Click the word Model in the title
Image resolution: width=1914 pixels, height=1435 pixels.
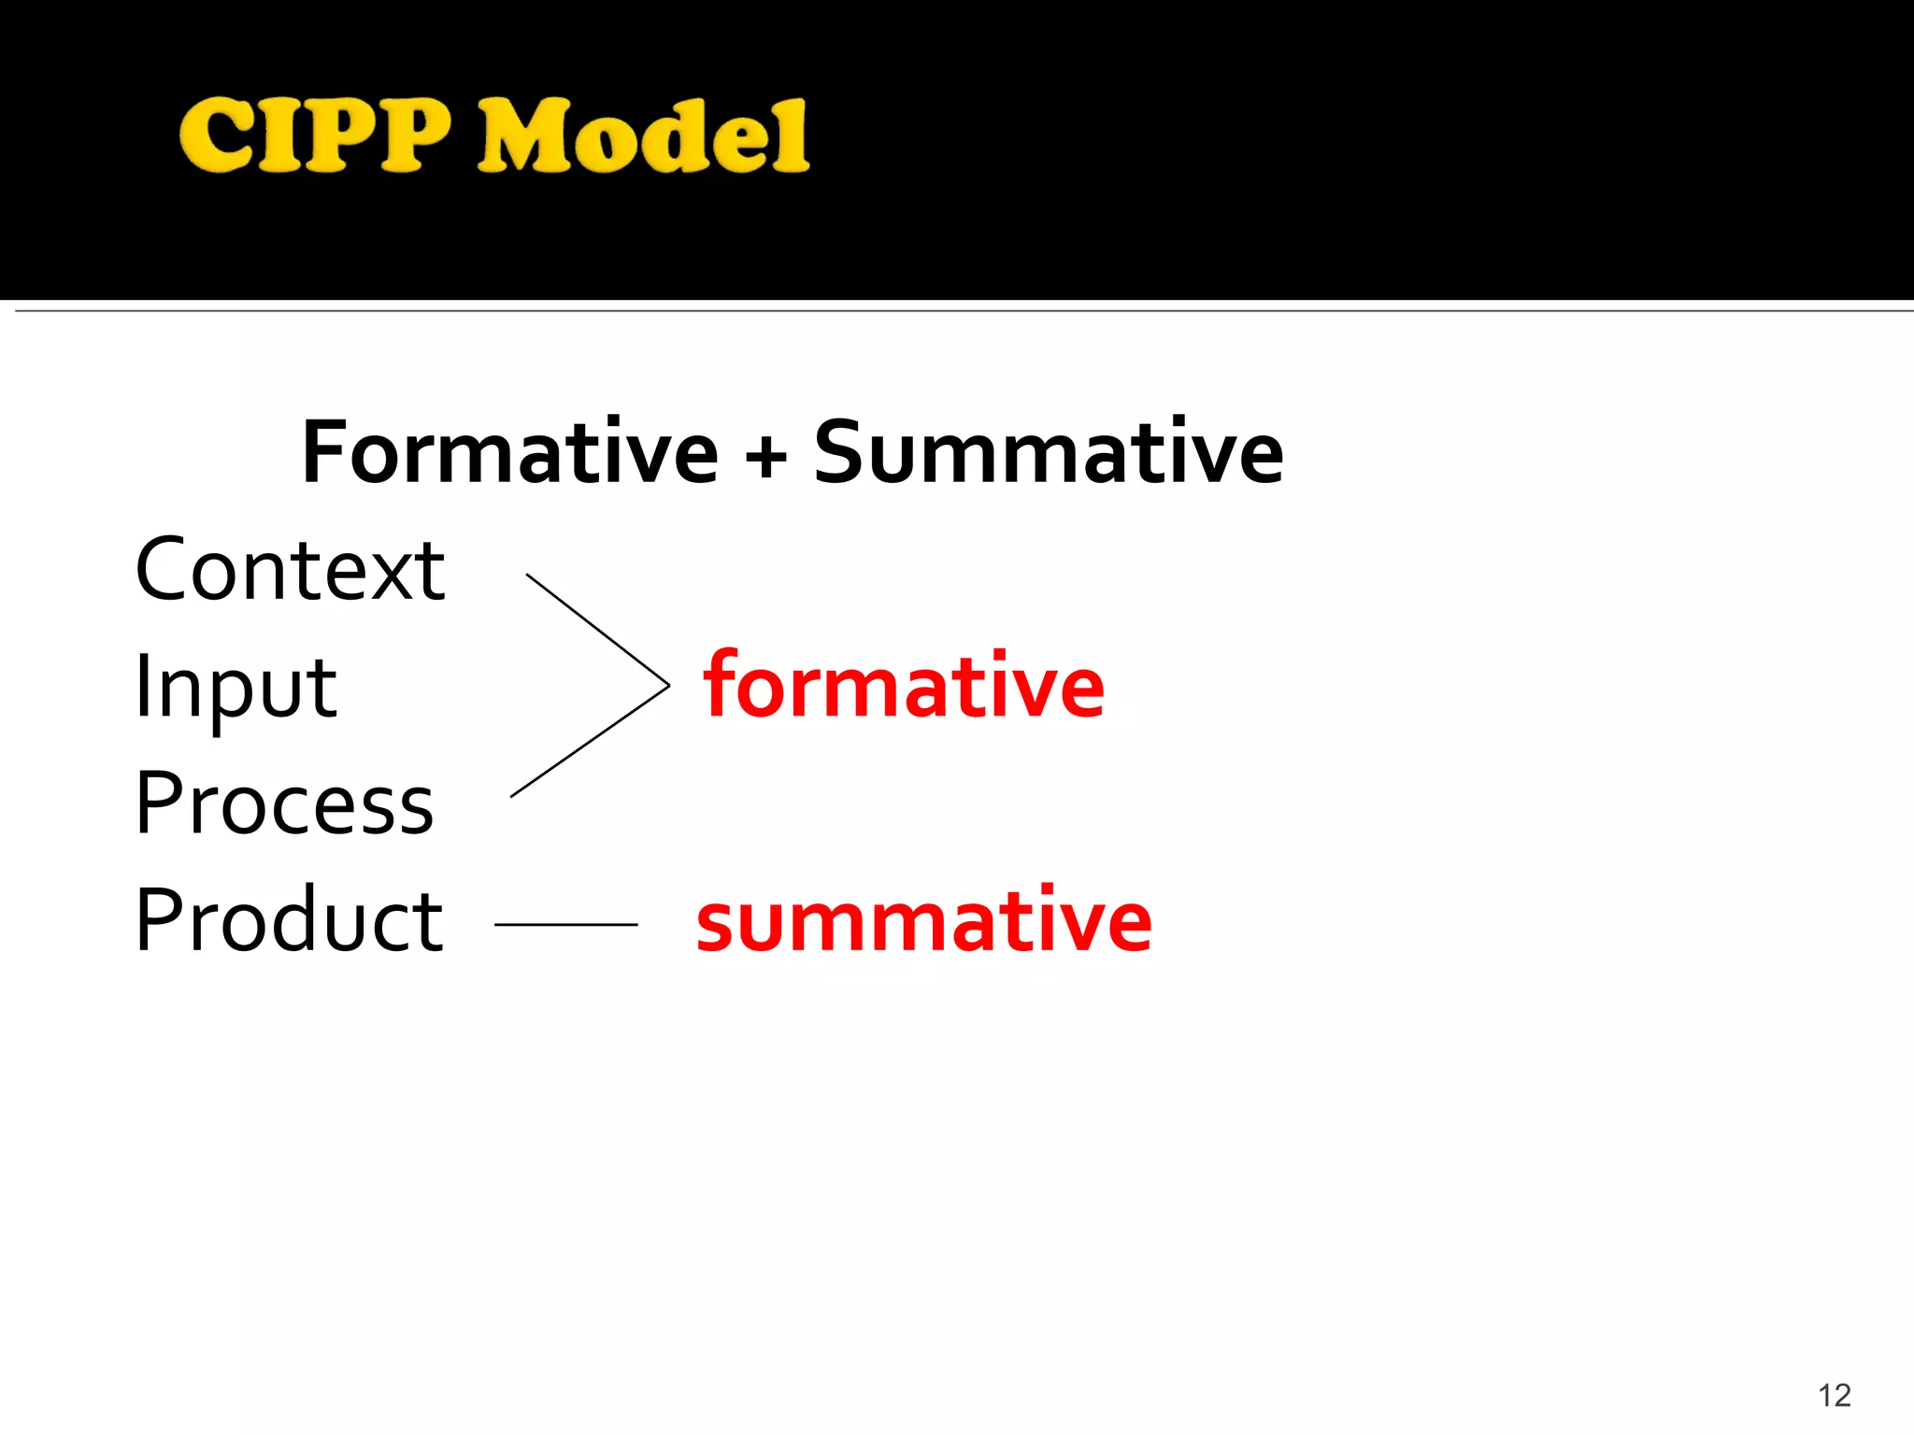tap(643, 136)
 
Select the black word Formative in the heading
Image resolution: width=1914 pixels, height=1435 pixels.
tap(510, 453)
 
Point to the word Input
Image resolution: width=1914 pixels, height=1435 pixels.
tap(236, 689)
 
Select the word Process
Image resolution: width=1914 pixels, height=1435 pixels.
tap(284, 804)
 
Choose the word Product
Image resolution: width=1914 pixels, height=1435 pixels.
tap(289, 921)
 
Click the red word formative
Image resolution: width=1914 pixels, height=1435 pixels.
tap(904, 687)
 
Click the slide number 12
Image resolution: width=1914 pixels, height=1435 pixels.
tap(1835, 1396)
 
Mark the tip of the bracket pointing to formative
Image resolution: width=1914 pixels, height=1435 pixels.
tap(667, 686)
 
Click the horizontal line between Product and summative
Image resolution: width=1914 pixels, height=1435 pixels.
tap(565, 925)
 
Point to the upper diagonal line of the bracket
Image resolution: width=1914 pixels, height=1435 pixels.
tap(598, 630)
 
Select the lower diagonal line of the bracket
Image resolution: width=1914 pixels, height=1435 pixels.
tap(589, 741)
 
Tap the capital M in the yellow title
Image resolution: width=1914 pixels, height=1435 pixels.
tap(525, 136)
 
